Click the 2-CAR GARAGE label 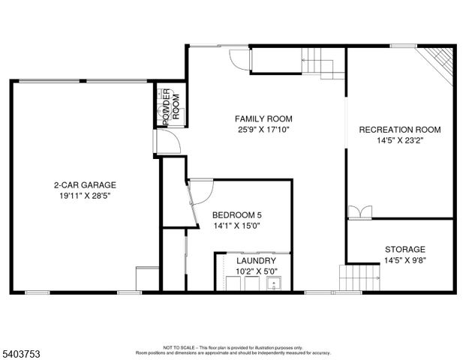[84, 184]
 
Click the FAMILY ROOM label [263, 118]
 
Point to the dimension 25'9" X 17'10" [263, 129]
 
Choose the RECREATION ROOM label [399, 130]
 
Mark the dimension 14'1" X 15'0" [236, 224]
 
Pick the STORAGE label [404, 249]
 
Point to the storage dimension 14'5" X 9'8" [404, 260]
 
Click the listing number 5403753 [22, 352]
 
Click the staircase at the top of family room [321, 61]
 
